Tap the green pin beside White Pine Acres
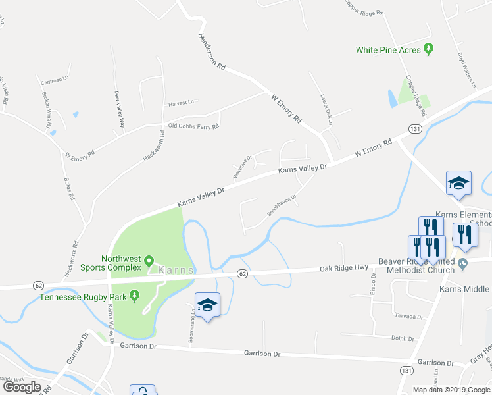click(x=429, y=48)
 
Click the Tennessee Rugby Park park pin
click(x=135, y=295)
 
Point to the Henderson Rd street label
click(x=212, y=53)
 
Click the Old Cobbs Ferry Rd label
click(x=193, y=126)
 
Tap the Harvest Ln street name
click(x=182, y=103)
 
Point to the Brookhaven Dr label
click(x=282, y=205)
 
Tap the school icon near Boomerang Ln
click(x=208, y=305)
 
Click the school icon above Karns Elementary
click(x=458, y=183)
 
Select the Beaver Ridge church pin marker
click(x=462, y=265)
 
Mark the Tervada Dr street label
click(x=408, y=316)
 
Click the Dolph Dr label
click(x=403, y=339)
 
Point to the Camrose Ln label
click(x=54, y=81)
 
